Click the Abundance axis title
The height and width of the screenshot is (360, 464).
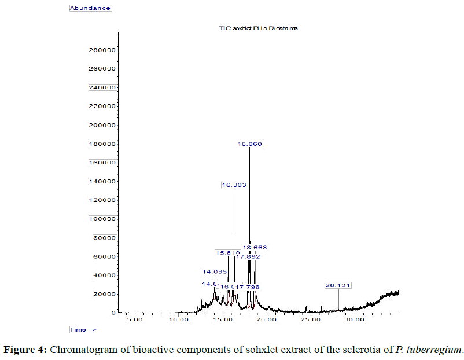[x=90, y=8]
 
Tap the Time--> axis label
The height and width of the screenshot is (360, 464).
[x=82, y=329]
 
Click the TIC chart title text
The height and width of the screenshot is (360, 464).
[x=258, y=28]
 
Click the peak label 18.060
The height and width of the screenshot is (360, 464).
[x=251, y=144]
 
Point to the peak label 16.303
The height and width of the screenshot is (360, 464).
[x=234, y=185]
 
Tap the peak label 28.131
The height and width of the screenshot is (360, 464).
[x=338, y=285]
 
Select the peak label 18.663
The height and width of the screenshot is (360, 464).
[x=255, y=247]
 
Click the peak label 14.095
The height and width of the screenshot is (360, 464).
[x=215, y=271]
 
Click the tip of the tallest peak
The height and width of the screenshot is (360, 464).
[x=249, y=148]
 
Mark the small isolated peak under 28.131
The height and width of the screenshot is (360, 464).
[x=338, y=292]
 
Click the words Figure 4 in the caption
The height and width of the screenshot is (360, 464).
[x=27, y=350]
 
